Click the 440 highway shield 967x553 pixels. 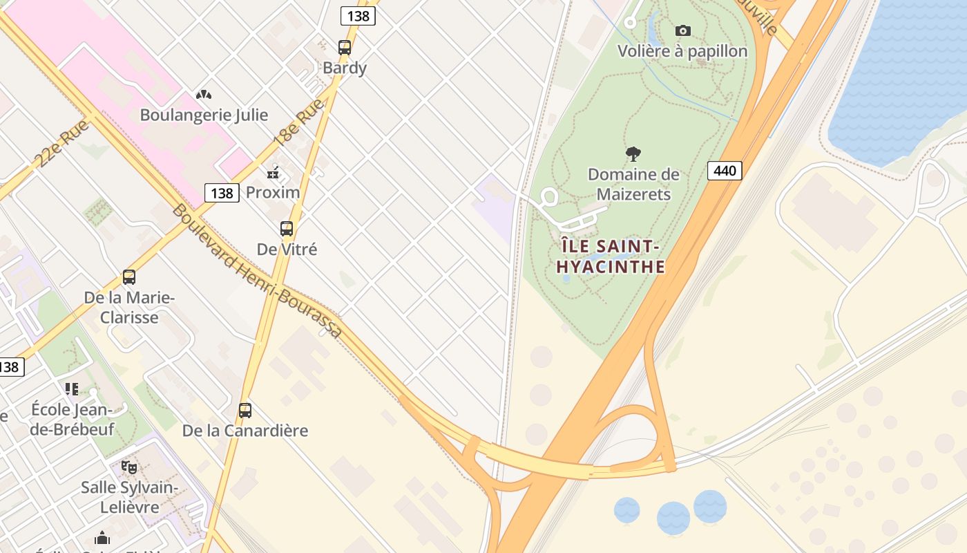(x=725, y=170)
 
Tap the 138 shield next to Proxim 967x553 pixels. (x=222, y=193)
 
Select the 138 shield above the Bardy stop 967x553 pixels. (x=358, y=15)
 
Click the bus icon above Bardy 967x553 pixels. (x=345, y=48)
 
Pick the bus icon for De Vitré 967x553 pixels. (x=287, y=229)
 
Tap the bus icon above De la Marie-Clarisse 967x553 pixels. (x=129, y=277)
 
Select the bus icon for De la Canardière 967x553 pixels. (x=245, y=411)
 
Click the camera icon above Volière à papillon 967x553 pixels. (x=682, y=30)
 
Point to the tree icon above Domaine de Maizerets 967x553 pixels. (x=633, y=154)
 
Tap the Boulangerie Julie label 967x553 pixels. (x=204, y=115)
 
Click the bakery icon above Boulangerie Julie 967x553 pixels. (x=203, y=95)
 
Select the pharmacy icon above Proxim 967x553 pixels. (x=274, y=172)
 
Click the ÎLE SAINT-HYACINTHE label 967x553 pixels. (x=611, y=256)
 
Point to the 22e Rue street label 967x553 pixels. (x=61, y=143)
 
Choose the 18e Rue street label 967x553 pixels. (x=298, y=122)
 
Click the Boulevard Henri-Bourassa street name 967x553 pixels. (x=257, y=271)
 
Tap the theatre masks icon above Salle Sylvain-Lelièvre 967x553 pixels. (x=129, y=467)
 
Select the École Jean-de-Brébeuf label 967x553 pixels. (x=73, y=419)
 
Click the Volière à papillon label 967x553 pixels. (x=682, y=51)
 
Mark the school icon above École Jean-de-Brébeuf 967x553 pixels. (x=72, y=389)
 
